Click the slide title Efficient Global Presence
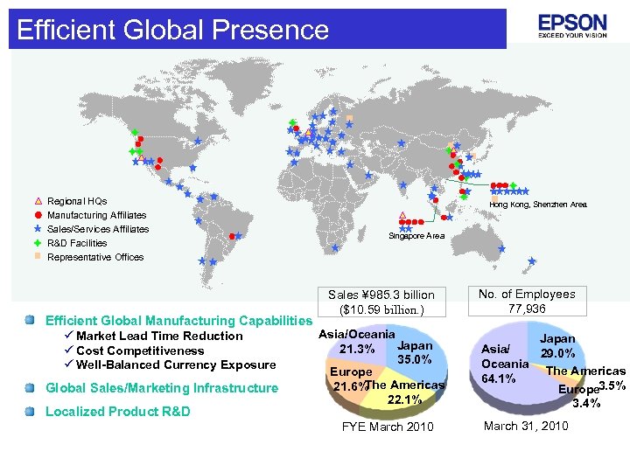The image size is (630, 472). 172,30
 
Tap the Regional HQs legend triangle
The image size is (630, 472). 38,201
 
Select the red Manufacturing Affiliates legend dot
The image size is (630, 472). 38,215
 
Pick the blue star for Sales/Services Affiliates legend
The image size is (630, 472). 38,229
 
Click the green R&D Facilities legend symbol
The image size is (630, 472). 38,243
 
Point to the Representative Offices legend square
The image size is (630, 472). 38,257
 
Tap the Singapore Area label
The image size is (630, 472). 416,236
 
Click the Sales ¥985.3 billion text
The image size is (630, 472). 381,295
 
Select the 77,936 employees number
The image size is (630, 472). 527,309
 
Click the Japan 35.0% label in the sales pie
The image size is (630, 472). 415,353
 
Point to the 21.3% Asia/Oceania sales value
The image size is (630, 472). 357,351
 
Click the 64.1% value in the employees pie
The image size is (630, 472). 499,378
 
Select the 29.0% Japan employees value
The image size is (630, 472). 557,354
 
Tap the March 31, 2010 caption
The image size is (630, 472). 526,426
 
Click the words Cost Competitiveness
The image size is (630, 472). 140,351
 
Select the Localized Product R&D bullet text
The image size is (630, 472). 117,412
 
